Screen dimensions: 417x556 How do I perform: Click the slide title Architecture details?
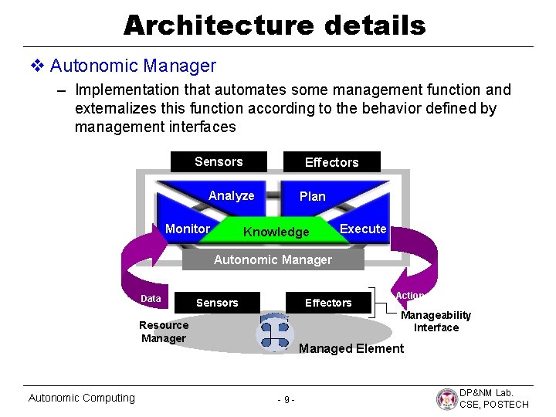274,25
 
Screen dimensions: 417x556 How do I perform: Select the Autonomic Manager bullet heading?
133,66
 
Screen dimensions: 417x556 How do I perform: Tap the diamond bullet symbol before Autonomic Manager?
37,66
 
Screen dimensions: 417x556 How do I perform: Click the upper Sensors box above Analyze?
219,161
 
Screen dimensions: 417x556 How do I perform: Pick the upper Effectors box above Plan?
331,162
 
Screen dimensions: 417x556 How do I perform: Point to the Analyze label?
231,196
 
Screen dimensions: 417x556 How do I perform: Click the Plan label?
312,197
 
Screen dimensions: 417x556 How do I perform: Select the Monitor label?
188,229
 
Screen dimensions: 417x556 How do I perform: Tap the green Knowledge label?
276,232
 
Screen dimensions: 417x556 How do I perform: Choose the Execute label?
363,229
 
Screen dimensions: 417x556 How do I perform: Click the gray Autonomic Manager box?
273,260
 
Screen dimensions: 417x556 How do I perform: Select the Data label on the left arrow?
151,299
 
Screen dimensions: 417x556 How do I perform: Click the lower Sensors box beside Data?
217,303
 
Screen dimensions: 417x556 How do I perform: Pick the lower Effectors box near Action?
328,303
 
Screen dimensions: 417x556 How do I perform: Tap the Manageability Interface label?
436,321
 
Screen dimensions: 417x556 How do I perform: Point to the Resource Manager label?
164,331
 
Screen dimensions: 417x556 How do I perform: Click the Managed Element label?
351,349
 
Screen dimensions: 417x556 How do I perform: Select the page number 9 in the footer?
285,400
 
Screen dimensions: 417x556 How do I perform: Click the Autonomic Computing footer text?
81,398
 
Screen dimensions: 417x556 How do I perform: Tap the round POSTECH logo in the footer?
447,398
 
